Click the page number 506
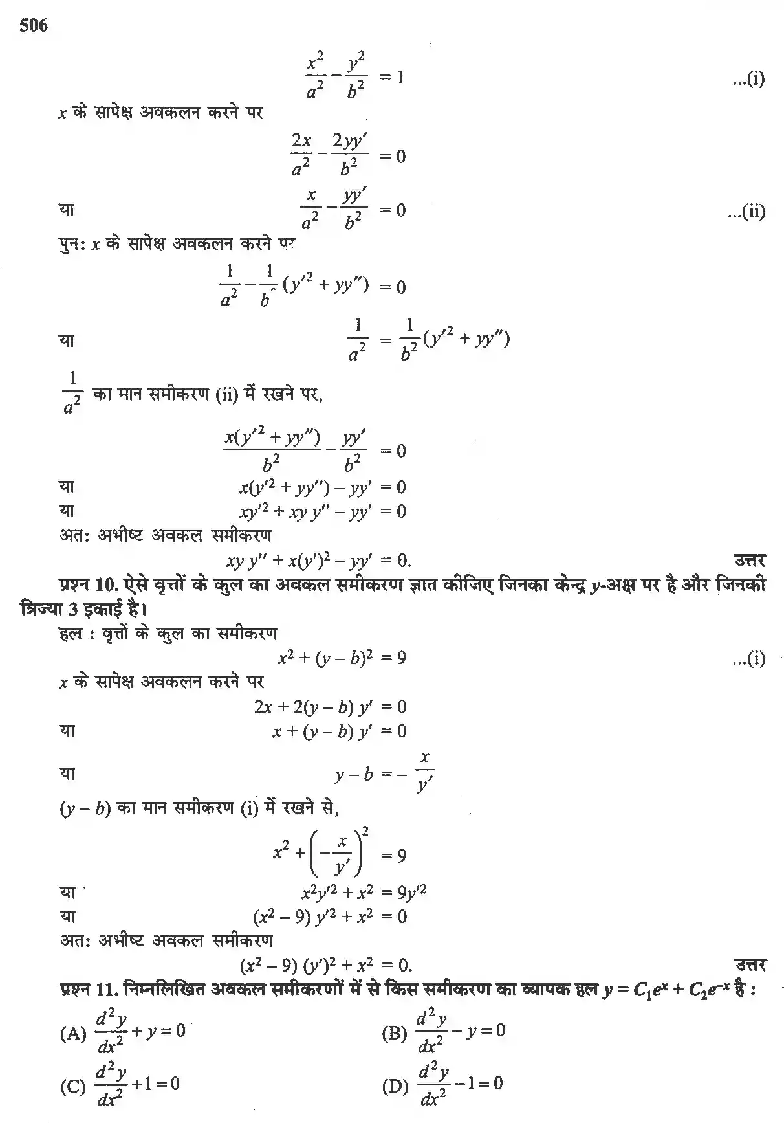pyautogui.click(x=34, y=26)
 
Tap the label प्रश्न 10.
pyautogui.click(x=87, y=586)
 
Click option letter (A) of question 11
pyautogui.click(x=72, y=1034)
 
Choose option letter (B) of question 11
pyautogui.click(x=394, y=1034)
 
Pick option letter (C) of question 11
pyautogui.click(x=72, y=1087)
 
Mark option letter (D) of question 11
pyautogui.click(x=395, y=1087)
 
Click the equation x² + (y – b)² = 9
pyautogui.click(x=342, y=658)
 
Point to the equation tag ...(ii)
pyautogui.click(x=746, y=212)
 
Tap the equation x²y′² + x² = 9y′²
pyautogui.click(x=364, y=893)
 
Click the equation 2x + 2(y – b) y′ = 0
pyautogui.click(x=330, y=707)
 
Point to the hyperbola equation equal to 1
pyautogui.click(x=354, y=78)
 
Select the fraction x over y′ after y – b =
pyautogui.click(x=424, y=773)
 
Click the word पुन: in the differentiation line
pyautogui.click(x=71, y=245)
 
